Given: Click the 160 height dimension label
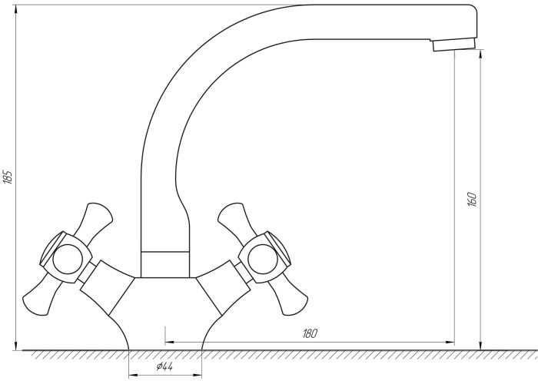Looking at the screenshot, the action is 472,199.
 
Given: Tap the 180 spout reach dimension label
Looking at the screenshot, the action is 310,333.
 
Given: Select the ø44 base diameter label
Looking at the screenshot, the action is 164,367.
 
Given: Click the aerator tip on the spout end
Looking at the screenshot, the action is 453,45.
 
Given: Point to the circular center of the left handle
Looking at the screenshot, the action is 68,259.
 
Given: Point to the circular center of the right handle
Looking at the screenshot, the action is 262,259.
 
